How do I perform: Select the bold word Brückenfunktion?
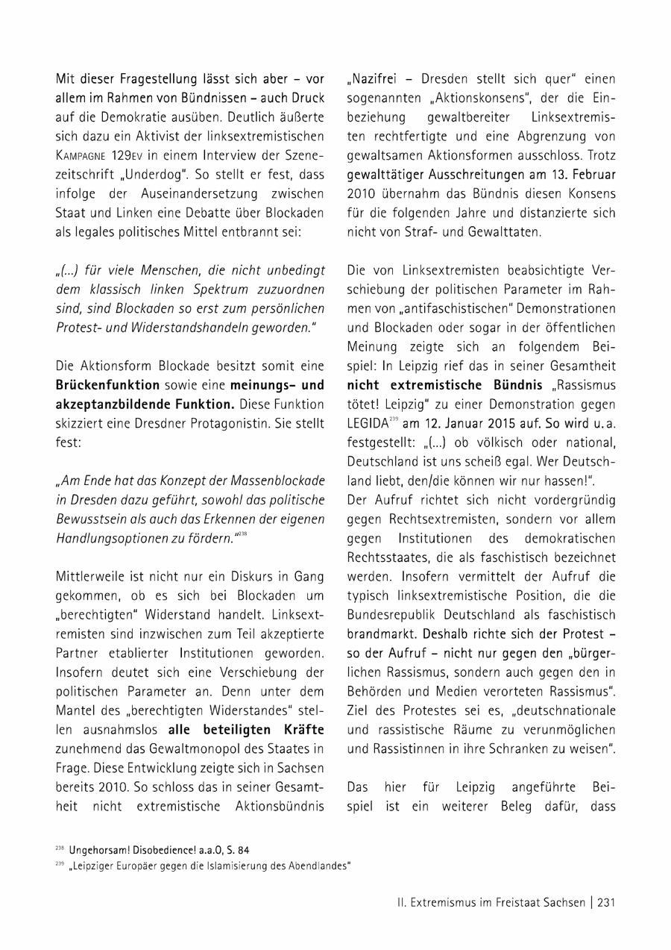[x=107, y=385]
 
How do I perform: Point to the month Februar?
[x=593, y=175]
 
